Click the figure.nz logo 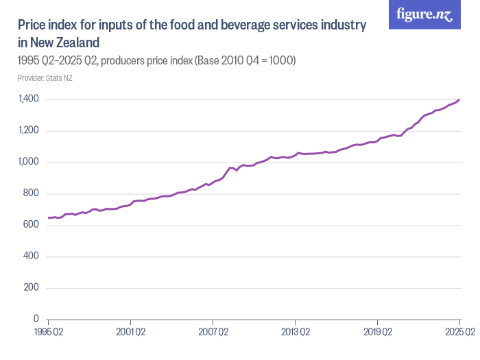[x=424, y=15]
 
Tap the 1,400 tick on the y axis [x=29, y=99]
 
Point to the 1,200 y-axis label [x=29, y=131]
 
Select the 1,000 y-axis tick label [x=29, y=163]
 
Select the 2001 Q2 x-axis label [x=130, y=333]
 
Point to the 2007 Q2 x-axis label [x=213, y=333]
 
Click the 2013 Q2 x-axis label [x=295, y=333]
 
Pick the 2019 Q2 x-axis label [x=377, y=333]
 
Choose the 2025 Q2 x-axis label [x=459, y=333]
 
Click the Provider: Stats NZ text [x=45, y=78]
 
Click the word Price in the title [x=32, y=26]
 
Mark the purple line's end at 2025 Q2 [x=459, y=99]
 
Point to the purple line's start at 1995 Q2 [x=48, y=217]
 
